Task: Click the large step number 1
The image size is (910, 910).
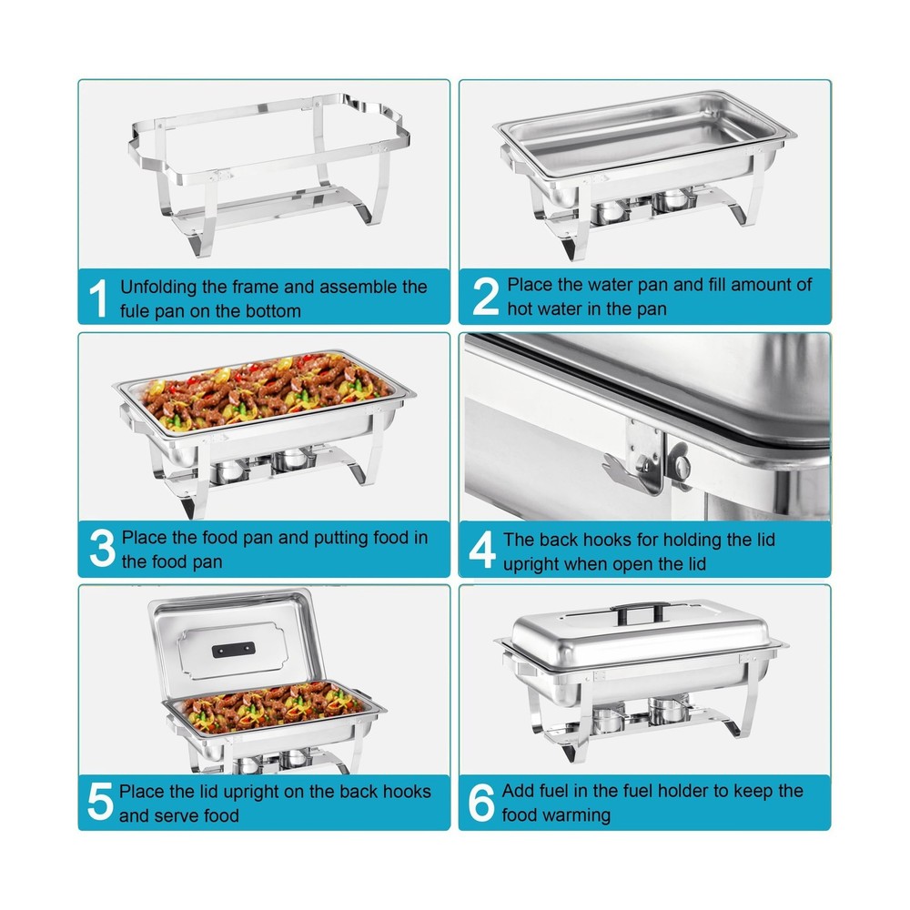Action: pyautogui.click(x=99, y=298)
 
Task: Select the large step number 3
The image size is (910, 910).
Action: pyautogui.click(x=102, y=549)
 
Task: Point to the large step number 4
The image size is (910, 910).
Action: pyautogui.click(x=482, y=549)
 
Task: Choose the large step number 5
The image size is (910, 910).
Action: pyautogui.click(x=100, y=802)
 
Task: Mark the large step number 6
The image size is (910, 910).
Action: pyautogui.click(x=481, y=802)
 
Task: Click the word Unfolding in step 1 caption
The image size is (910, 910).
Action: pyautogui.click(x=159, y=288)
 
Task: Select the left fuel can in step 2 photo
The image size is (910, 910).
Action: pyautogui.click(x=612, y=212)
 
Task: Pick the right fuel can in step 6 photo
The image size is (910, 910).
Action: pyautogui.click(x=669, y=713)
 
